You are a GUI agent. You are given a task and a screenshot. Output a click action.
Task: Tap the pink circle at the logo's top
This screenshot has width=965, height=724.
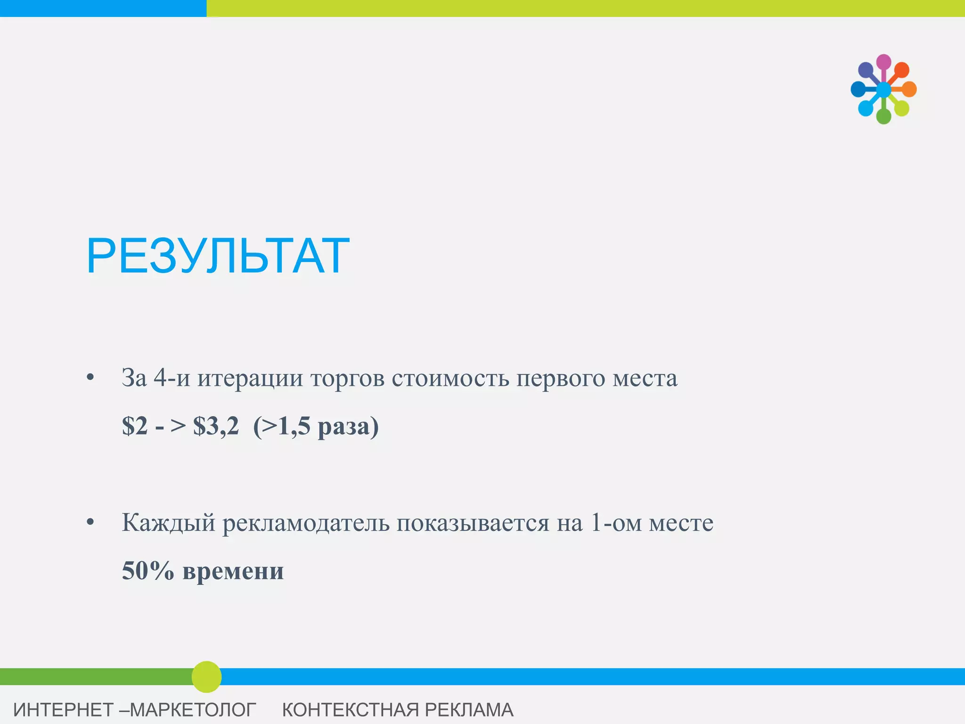[x=883, y=62]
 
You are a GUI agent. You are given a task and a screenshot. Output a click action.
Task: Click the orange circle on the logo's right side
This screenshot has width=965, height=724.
[x=909, y=89]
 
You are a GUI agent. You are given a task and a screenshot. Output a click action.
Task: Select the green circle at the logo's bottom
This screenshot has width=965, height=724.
[x=883, y=116]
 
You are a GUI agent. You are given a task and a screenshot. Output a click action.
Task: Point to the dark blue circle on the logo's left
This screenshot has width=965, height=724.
[x=858, y=89]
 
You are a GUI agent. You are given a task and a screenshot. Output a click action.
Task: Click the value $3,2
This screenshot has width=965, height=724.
[x=216, y=426]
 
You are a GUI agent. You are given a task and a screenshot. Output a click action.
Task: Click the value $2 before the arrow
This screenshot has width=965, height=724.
[x=135, y=426]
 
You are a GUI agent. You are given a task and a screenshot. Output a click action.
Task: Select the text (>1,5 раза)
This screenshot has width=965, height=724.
[x=316, y=426]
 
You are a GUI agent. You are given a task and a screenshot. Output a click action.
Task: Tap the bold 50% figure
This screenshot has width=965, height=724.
[x=148, y=571]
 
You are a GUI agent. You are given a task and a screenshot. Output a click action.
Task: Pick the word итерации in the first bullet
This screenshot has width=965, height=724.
[x=250, y=378]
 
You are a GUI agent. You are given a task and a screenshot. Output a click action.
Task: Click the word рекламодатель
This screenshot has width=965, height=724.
[x=306, y=523]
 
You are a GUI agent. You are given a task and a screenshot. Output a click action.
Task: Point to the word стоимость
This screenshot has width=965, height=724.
[x=450, y=378]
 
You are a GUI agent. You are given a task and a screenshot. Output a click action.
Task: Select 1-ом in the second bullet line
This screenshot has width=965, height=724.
[x=615, y=523]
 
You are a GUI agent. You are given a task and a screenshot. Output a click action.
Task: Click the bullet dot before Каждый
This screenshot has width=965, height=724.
[x=90, y=522]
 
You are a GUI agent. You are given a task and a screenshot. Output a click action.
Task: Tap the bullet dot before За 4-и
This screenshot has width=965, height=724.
[x=90, y=378]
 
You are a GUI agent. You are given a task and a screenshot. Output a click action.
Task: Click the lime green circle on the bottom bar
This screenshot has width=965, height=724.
[x=206, y=677]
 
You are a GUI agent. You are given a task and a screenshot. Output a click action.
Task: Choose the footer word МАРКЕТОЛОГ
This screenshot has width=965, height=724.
[x=193, y=710]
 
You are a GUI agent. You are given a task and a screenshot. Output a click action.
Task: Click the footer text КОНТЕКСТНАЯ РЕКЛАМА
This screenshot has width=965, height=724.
[x=398, y=710]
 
